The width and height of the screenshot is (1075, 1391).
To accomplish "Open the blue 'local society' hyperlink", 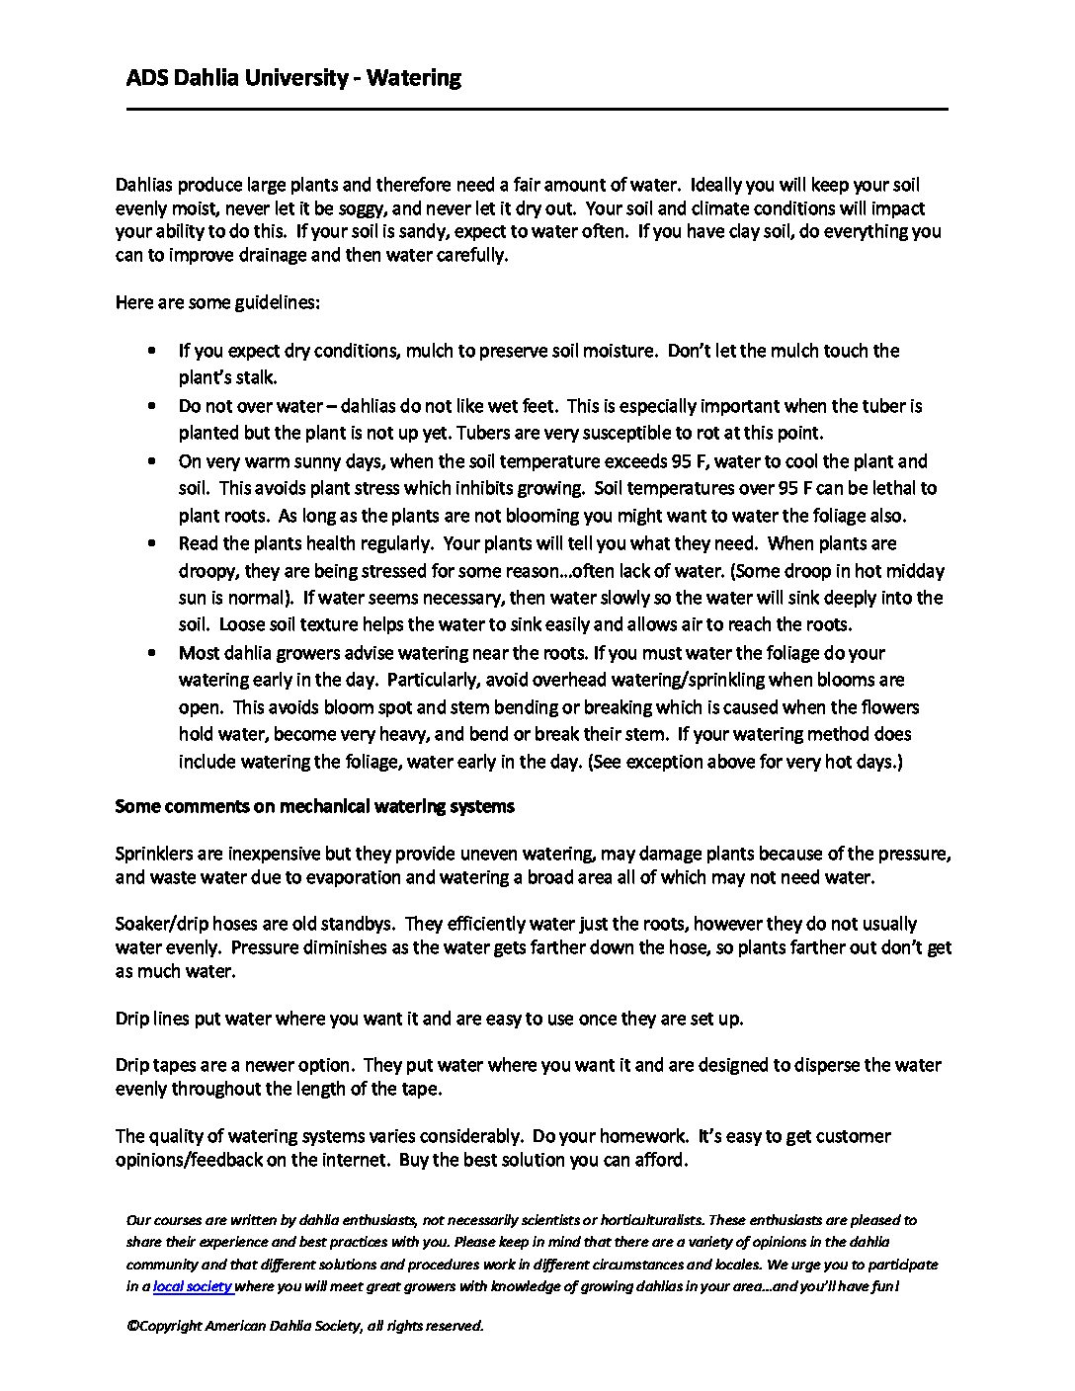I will click(x=192, y=1287).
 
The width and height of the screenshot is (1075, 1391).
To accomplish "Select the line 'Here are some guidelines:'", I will click(x=217, y=302).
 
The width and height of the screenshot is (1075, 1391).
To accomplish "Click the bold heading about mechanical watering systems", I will click(x=314, y=806).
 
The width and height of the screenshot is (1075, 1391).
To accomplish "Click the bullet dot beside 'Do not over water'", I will click(x=151, y=406).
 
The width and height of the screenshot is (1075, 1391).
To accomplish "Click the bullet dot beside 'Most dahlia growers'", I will click(x=151, y=653).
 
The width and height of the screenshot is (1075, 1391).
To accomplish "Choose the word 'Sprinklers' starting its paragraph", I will click(x=154, y=854).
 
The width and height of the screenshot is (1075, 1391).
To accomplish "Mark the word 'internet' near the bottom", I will click(x=352, y=1160).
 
